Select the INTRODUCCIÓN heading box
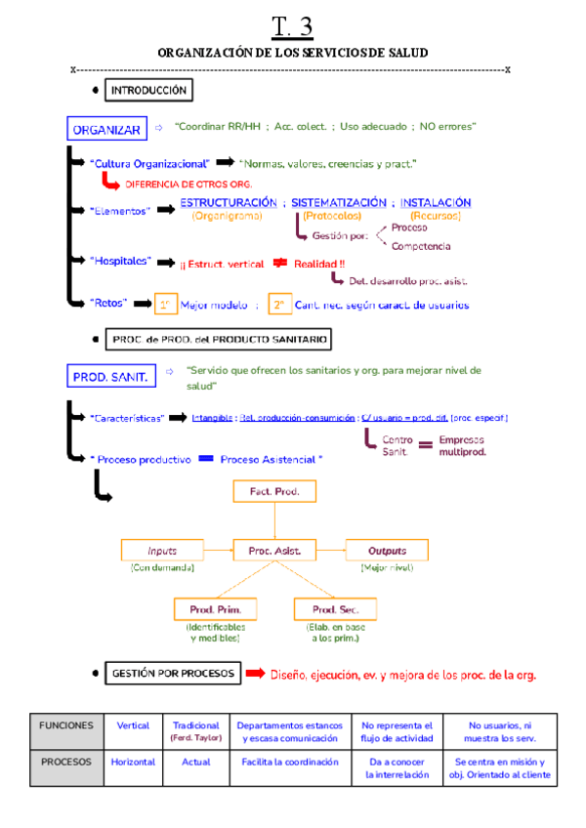coord(148,91)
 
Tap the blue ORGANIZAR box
coord(106,130)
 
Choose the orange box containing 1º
coord(167,306)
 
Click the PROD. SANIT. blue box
coord(109,376)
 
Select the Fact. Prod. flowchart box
coord(274,491)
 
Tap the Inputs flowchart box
coord(162,551)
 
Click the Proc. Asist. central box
coord(274,551)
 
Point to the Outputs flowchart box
coord(387,551)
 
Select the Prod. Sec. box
coord(335,609)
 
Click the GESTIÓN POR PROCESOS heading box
coord(172,673)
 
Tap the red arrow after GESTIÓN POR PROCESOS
coord(255,674)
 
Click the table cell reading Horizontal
coord(133,763)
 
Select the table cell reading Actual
coord(196,763)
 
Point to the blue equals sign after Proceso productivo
coord(205,458)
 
